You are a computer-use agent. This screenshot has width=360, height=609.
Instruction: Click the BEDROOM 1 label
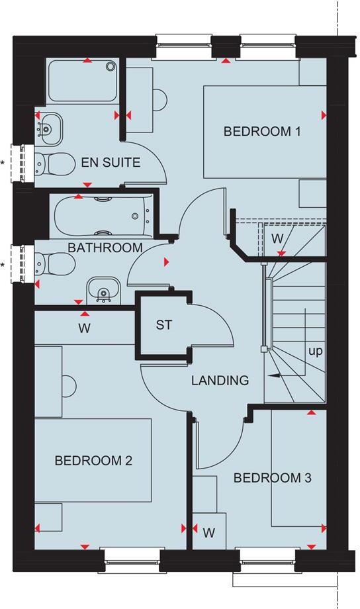(263, 131)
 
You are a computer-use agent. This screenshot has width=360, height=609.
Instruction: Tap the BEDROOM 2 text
(93, 460)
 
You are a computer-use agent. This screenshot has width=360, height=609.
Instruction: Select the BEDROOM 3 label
(272, 477)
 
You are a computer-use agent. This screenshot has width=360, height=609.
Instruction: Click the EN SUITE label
(111, 162)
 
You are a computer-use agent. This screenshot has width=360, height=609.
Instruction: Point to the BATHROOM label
(105, 248)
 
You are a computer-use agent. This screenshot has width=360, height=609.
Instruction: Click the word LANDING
(220, 381)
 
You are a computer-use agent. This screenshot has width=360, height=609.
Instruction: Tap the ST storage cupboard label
(163, 325)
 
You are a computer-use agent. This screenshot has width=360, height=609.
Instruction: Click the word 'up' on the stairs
(315, 351)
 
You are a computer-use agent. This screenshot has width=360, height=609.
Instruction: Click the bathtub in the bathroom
(103, 214)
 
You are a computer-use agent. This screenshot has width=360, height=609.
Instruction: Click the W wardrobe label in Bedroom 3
(209, 532)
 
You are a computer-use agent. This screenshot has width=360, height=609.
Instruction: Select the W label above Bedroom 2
(84, 327)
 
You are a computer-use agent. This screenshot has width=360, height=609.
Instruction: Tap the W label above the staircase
(277, 237)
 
